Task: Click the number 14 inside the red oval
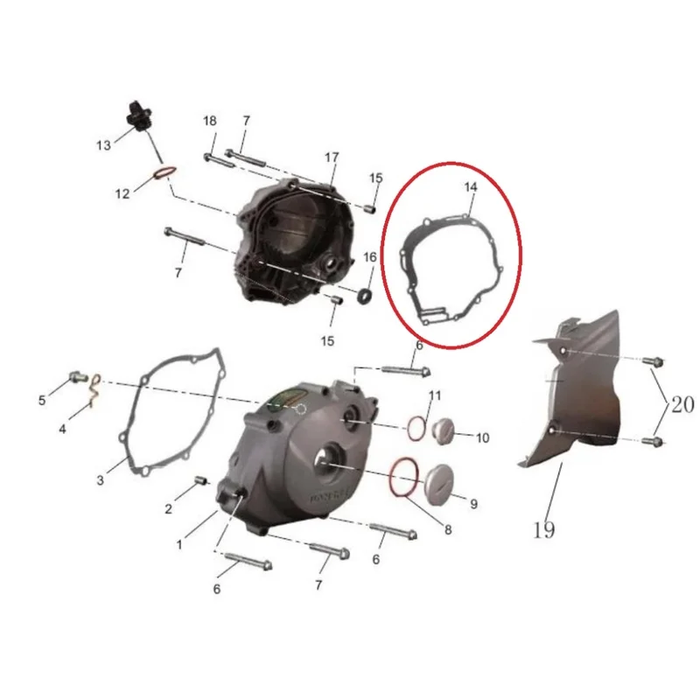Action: tap(471, 187)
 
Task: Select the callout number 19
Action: tap(543, 530)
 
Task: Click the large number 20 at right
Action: tap(682, 404)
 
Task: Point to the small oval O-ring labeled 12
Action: tap(164, 172)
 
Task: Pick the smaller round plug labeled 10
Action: tap(443, 431)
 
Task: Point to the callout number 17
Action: tap(332, 157)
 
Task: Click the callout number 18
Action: tap(210, 121)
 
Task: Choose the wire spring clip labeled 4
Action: tap(95, 389)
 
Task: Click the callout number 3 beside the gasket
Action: tap(101, 479)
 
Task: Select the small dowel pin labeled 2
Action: tap(201, 480)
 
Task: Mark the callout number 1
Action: tap(179, 545)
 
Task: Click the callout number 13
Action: tap(103, 145)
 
